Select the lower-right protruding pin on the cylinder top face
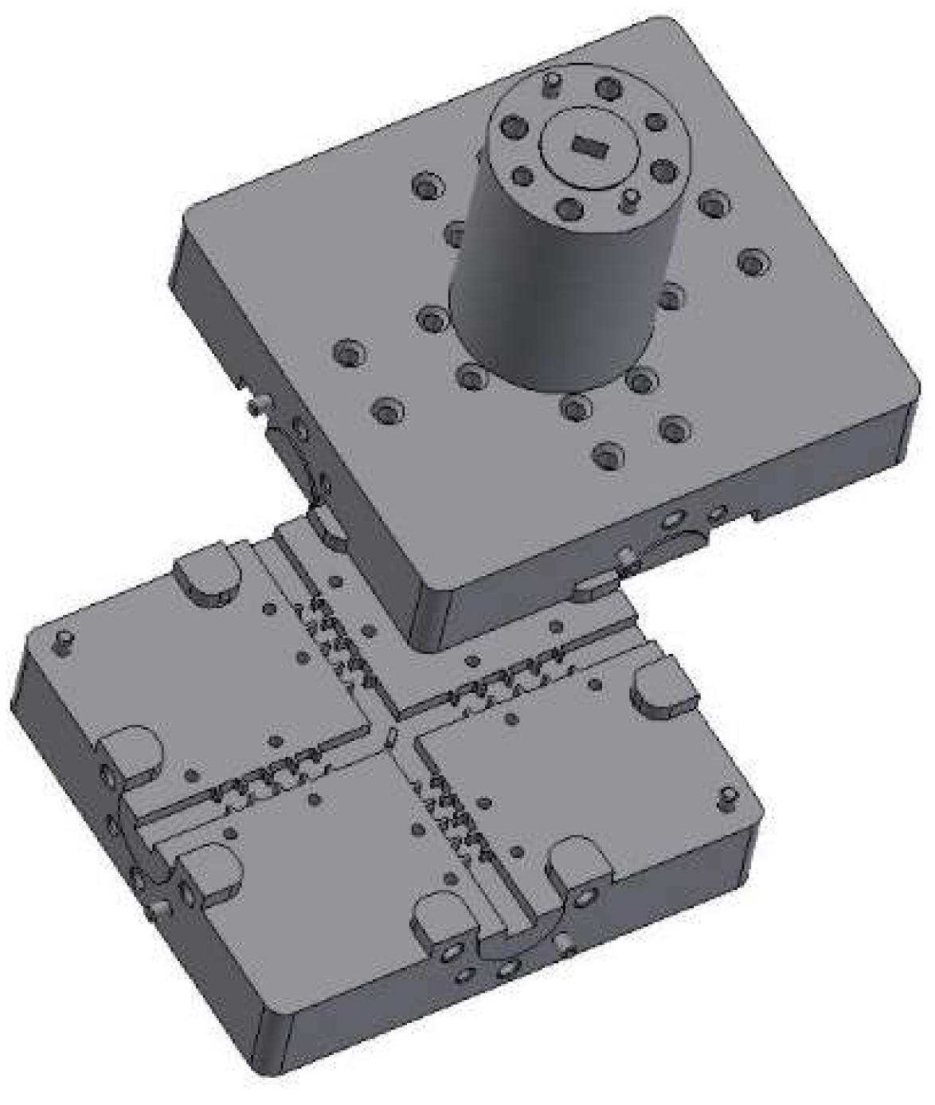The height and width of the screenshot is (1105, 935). tap(630, 198)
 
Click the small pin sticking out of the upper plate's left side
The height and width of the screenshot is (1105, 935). tap(256, 406)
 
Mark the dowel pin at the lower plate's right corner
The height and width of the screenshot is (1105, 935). tap(726, 796)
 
